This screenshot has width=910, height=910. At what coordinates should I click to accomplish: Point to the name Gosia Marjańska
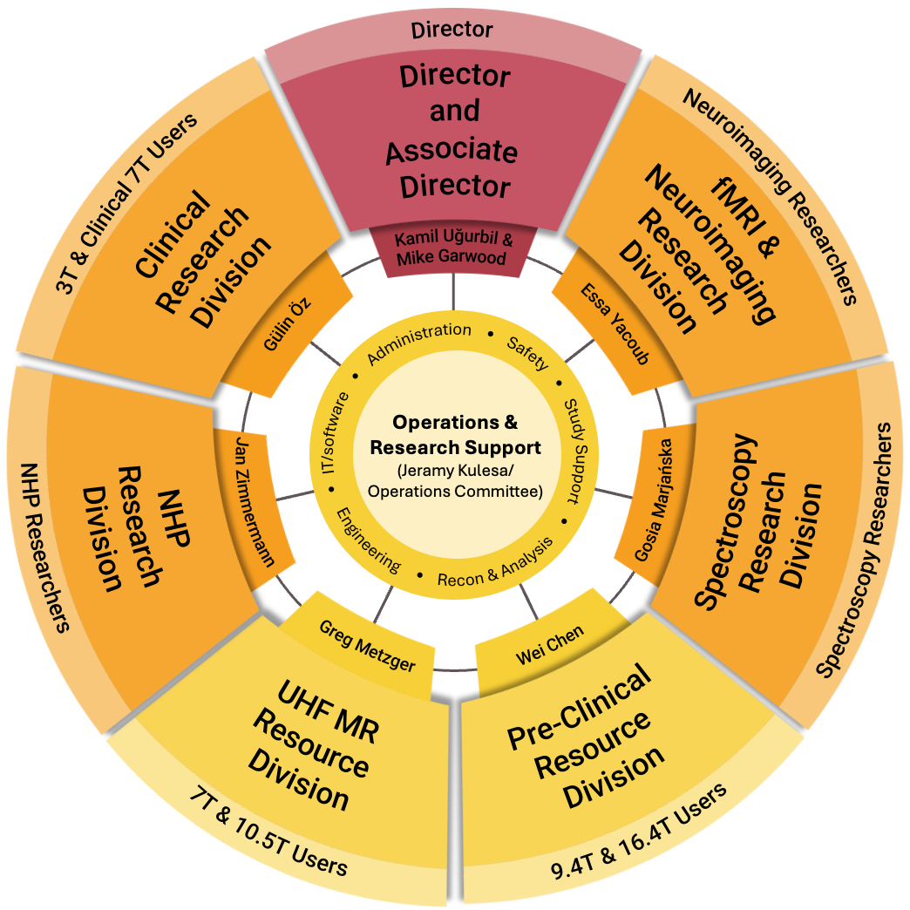point(656,499)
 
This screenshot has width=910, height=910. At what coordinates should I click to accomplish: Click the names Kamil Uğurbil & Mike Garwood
point(452,248)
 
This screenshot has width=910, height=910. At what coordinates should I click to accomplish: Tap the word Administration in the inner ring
point(419,343)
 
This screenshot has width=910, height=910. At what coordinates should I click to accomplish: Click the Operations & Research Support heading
point(455,435)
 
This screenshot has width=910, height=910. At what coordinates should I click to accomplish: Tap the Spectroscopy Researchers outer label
point(858,550)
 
